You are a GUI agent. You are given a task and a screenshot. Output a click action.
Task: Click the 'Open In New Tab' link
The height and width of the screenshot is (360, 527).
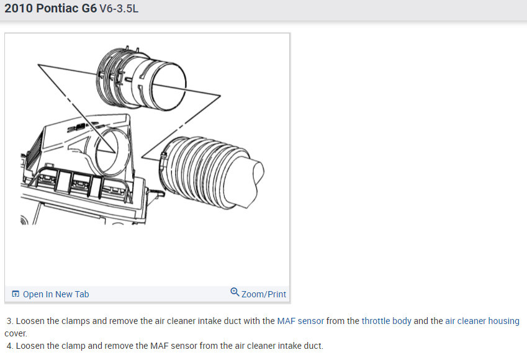[x=56, y=294]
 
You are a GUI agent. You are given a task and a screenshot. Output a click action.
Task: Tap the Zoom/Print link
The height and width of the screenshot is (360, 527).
[x=263, y=294]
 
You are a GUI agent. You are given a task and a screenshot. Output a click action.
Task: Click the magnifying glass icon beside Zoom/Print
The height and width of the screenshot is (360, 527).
[x=235, y=292]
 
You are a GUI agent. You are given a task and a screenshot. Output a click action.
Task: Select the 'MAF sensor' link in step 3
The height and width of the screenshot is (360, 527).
[x=300, y=321]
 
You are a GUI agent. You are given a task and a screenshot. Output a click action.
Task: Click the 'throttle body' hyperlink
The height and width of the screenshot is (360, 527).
[x=386, y=321]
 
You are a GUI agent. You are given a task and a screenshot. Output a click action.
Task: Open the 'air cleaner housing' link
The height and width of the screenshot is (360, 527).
[x=482, y=321]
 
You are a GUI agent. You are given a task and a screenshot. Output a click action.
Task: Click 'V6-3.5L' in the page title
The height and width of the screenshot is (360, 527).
[x=119, y=9]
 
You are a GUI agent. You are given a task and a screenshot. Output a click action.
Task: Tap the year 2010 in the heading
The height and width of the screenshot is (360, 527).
[x=19, y=8]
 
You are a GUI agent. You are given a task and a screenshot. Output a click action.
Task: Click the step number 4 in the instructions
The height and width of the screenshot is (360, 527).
[x=9, y=346]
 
